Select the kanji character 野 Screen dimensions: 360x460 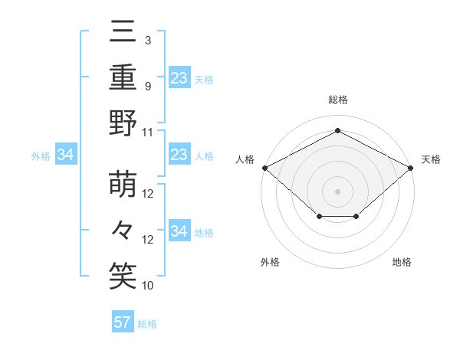point(123,123)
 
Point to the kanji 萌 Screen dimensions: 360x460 point(123,184)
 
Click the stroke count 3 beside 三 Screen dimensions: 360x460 point(147,40)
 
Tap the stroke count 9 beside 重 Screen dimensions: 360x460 point(147,86)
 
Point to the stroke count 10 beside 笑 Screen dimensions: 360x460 point(149,286)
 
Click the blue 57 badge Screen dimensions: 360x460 point(123,322)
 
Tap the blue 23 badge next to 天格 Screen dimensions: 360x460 point(179,78)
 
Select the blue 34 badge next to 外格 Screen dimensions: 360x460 point(66,155)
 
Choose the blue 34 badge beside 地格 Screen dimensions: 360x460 point(179,231)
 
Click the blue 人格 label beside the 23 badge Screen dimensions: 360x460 point(204,156)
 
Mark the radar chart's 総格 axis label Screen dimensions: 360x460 point(337,100)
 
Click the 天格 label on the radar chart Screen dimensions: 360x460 point(431,159)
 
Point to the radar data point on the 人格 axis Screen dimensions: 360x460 point(264,167)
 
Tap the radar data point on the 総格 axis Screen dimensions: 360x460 point(337,131)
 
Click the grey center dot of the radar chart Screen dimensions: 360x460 point(337,191)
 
